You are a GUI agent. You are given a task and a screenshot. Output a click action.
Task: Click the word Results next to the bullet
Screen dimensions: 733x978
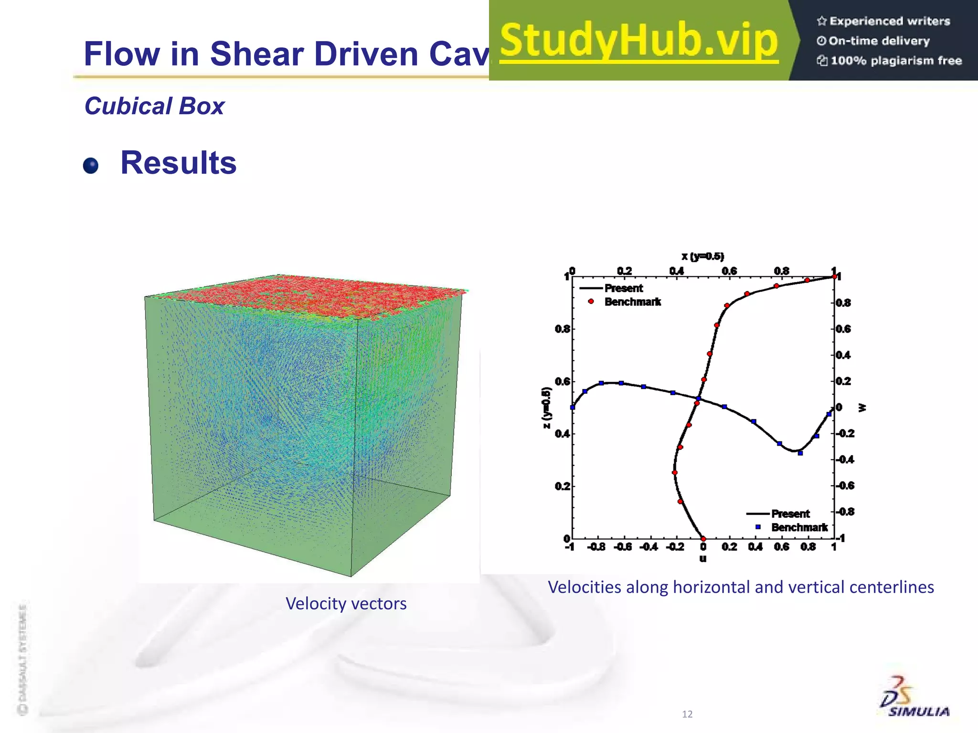178,163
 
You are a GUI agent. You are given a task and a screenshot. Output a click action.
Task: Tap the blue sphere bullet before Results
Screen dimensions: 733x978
91,166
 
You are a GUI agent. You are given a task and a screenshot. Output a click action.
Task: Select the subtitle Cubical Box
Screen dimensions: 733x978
154,106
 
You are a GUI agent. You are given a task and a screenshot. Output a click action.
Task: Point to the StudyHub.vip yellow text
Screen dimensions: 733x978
639,40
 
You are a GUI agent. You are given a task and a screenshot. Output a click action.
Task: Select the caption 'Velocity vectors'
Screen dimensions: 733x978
346,604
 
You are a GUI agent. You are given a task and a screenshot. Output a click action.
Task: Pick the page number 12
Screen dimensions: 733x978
687,714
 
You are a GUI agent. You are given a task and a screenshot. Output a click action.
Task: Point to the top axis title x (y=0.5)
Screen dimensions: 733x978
702,257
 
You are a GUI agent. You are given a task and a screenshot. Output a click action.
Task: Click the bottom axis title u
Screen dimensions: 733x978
703,558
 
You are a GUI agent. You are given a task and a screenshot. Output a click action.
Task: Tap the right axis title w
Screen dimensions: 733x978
862,408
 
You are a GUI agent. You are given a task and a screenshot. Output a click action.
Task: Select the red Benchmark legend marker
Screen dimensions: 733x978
591,302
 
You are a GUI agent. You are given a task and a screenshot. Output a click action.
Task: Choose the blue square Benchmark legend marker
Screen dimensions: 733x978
758,527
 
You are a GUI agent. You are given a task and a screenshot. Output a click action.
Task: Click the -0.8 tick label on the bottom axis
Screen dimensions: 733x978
596,547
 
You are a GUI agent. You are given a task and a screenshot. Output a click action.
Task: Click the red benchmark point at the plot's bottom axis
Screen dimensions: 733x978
703,539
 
